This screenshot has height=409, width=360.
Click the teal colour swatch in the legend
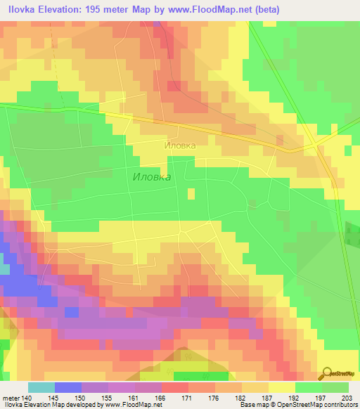[41, 387]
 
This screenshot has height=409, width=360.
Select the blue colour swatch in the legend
[68, 387]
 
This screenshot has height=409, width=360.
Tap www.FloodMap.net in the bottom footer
[131, 405]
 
